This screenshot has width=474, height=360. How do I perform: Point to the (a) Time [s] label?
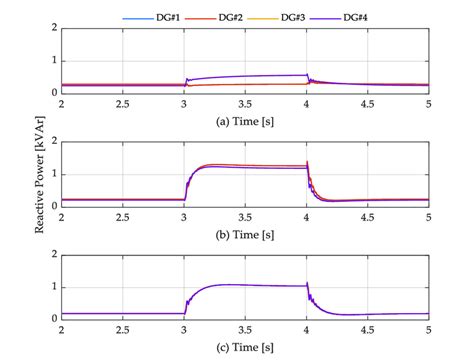coord(245,121)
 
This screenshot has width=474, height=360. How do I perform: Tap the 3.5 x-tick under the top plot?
coord(245,104)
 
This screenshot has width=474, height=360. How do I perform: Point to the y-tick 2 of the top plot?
coord(52,29)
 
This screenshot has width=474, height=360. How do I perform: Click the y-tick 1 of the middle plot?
coord(52,174)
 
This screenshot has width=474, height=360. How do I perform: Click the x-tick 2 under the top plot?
coord(62,104)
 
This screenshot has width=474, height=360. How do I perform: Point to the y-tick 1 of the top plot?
coord(52,61)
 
